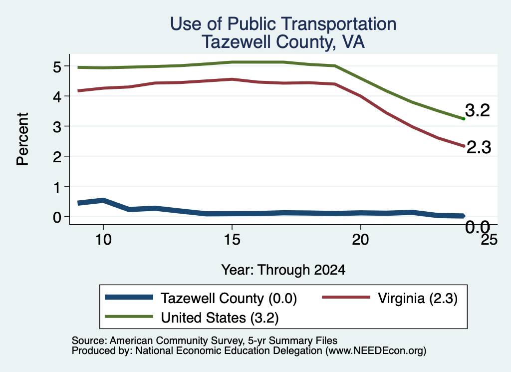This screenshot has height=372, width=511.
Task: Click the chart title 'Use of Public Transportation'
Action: tap(283, 24)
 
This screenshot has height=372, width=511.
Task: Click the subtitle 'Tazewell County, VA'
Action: tap(283, 42)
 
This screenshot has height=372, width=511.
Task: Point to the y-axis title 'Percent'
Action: tap(23, 139)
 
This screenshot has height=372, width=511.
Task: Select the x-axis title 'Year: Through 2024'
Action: tap(283, 270)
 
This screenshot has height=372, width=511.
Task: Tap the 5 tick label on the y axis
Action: tap(57, 67)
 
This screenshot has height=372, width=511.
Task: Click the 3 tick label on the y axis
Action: tap(57, 127)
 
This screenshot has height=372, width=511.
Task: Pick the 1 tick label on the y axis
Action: tap(57, 187)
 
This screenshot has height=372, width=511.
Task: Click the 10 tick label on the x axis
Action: tap(103, 240)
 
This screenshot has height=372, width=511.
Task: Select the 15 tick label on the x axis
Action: tap(232, 240)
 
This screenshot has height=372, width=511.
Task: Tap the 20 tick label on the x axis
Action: tap(360, 240)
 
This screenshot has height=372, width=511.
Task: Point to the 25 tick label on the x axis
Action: tap(489, 240)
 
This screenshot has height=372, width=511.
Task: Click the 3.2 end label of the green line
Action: tap(478, 110)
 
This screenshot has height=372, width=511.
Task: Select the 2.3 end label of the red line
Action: tap(479, 147)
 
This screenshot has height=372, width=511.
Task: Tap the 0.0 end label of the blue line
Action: tap(478, 227)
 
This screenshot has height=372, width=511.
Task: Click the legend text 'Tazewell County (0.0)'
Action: tap(229, 298)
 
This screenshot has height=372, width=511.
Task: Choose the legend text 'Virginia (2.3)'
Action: tap(418, 298)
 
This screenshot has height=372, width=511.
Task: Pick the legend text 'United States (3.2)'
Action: tap(220, 318)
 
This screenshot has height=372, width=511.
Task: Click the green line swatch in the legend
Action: tap(129, 316)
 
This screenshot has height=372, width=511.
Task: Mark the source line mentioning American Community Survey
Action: tap(204, 341)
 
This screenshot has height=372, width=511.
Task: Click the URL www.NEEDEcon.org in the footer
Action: tap(376, 351)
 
